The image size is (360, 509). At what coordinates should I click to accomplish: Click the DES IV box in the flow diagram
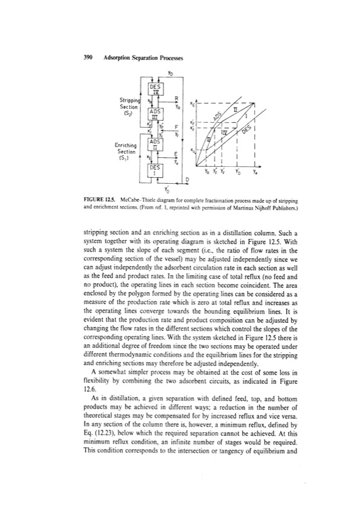pos(154,92)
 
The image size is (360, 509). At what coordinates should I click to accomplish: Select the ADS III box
pos(154,115)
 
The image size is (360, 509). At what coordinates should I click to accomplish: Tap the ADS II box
pos(154,144)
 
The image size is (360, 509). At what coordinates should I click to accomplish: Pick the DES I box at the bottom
pos(154,167)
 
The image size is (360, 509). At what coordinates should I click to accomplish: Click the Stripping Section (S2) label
pos(123,103)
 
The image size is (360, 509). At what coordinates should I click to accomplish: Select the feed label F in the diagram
pos(175,128)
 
